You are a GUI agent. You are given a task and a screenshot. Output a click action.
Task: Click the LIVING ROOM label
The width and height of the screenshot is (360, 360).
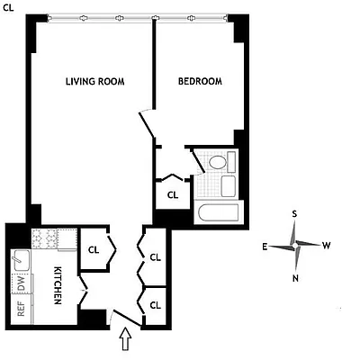coord(94,82)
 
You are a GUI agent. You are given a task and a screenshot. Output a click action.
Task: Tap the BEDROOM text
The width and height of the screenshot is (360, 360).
coord(199,82)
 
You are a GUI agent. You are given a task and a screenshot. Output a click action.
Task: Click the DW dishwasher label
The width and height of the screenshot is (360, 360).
coord(20,282)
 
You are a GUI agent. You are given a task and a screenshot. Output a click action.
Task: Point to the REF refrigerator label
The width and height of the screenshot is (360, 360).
coord(20,309)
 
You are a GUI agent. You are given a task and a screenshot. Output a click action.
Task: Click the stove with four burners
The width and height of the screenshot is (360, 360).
coord(45,238)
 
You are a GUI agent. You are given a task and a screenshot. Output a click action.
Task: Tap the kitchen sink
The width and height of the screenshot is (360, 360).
coord(20,261)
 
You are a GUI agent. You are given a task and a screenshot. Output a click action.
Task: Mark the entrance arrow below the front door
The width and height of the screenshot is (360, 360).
coord(125,340)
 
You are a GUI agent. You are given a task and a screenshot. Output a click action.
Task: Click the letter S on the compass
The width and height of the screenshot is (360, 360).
coord(294,214)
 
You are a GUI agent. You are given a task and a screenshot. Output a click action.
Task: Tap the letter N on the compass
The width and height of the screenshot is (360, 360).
coord(296,277)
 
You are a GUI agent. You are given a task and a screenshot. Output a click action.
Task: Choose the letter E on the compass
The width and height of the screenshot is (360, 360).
coord(264,245)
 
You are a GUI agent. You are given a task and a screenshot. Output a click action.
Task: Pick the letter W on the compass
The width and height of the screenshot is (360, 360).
coord(327,245)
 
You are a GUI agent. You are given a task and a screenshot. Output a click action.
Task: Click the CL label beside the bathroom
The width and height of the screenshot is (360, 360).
coord(173,193)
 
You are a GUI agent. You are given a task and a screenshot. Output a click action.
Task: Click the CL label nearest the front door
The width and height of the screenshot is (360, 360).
coord(155,305)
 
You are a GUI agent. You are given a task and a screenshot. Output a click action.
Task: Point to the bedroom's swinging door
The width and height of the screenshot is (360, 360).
coord(146,125)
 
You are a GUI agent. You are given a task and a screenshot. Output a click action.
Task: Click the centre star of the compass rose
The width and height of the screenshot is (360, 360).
coord(295,245)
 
